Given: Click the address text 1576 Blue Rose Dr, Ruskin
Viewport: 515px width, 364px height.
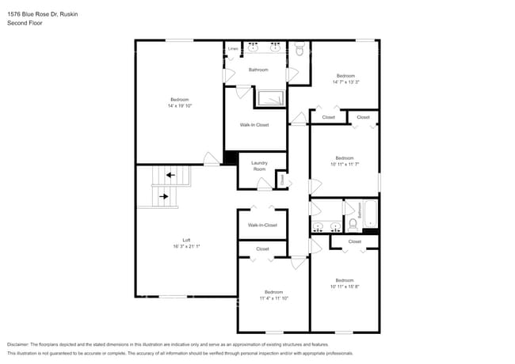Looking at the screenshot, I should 37,14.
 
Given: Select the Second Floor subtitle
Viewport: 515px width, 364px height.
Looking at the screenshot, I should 25,23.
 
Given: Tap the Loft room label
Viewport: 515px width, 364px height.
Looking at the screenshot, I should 186,240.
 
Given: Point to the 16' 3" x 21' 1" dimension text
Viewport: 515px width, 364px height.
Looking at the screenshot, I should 186,246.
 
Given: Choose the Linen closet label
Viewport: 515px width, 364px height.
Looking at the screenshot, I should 233,49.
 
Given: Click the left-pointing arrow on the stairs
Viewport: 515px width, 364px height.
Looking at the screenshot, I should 170,175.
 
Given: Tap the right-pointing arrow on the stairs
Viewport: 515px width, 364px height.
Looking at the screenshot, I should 164,195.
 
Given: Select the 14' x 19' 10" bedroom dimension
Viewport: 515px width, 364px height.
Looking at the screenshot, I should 180,105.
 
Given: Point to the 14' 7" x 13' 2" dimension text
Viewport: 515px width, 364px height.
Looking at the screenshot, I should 345,82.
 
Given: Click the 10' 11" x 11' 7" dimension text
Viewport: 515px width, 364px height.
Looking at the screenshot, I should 344,164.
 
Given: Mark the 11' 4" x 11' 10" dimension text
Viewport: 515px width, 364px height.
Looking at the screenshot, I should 273,298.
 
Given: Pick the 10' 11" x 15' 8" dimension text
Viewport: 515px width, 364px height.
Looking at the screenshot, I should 344,286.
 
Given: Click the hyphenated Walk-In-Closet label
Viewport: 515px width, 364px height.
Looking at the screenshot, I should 262,225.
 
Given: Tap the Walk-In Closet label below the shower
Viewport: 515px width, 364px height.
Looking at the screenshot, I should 254,124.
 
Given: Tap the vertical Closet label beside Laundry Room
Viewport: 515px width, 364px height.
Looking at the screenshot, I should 282,180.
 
